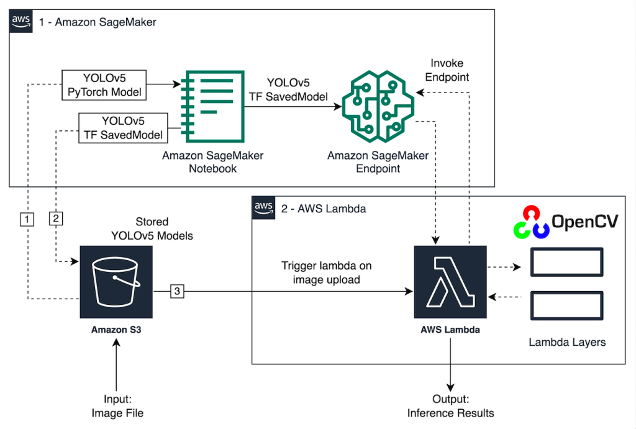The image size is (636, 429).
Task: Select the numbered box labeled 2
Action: click(x=56, y=219)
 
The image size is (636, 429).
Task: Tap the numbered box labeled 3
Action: click(x=177, y=291)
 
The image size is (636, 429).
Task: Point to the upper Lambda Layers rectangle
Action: click(x=566, y=262)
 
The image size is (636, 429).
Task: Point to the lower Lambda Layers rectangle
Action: click(x=566, y=305)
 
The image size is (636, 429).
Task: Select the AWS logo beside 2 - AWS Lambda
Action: click(x=264, y=209)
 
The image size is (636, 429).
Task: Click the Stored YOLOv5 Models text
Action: click(x=152, y=228)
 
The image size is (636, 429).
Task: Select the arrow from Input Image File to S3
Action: click(x=116, y=366)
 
